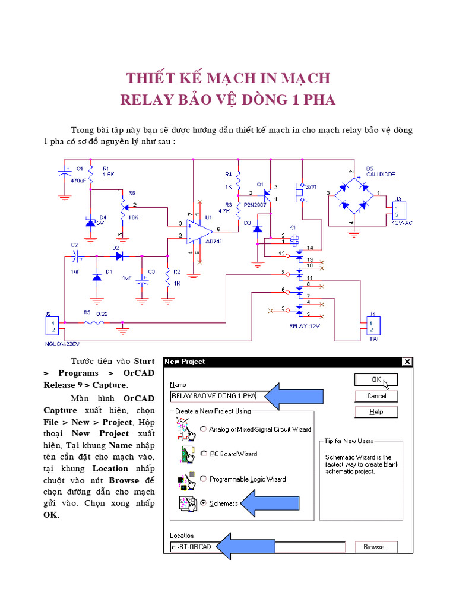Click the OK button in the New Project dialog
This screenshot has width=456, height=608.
click(x=376, y=379)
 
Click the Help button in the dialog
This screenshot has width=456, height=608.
click(x=376, y=411)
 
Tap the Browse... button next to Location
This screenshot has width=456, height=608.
click(x=376, y=547)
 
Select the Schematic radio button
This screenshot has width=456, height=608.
click(x=204, y=503)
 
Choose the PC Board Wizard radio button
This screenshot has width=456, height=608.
click(x=204, y=454)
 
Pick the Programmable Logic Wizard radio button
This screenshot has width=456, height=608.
click(x=204, y=479)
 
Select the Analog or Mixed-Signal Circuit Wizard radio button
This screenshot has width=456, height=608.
click(x=204, y=429)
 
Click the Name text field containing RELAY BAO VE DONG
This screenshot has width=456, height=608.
click(x=214, y=395)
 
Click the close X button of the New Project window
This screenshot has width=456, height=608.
click(x=406, y=362)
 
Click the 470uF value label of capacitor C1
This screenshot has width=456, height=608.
click(x=78, y=180)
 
